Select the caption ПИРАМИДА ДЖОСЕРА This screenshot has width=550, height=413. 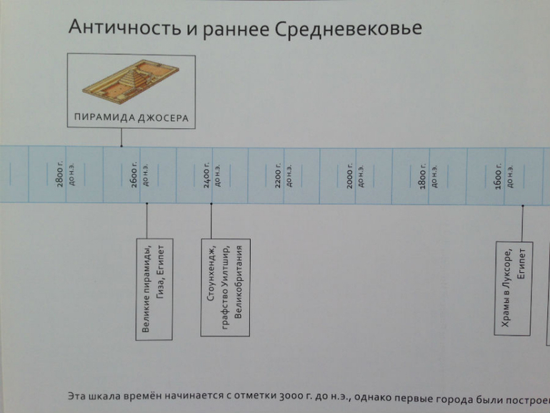tap(131, 118)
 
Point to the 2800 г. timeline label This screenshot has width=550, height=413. tap(61, 175)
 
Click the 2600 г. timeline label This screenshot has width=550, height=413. tap(134, 175)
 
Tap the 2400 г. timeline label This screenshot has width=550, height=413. tap(207, 175)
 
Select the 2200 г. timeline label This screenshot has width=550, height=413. tap(280, 175)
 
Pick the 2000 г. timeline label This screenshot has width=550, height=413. tap(351, 175)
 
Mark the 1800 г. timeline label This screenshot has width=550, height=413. tap(424, 175)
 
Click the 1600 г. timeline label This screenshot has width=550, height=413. tap(498, 175)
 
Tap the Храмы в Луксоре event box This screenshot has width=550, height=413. tap(513, 289)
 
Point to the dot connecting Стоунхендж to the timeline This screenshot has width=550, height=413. tap(211, 204)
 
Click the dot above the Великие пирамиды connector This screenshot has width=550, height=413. tap(146, 204)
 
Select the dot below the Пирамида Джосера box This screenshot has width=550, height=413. tap(121, 146)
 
